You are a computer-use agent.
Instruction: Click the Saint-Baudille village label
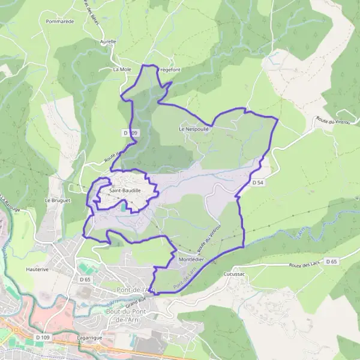tap(125, 191)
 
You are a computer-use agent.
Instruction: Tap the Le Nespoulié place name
tap(194, 129)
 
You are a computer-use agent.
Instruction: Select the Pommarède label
tap(59, 21)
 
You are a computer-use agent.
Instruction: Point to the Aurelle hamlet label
tap(108, 41)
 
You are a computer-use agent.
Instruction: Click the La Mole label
tap(122, 70)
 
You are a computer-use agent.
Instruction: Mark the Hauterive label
tap(37, 270)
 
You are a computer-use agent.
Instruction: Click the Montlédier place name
tap(191, 259)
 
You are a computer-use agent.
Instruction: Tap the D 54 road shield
tap(258, 182)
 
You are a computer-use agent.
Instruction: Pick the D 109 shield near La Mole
tap(131, 133)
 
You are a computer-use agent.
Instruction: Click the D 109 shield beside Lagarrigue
tap(42, 338)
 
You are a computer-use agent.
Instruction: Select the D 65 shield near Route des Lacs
tap(331, 261)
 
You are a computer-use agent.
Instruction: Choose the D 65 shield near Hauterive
tap(84, 280)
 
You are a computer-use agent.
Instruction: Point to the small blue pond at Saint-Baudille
tap(122, 207)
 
